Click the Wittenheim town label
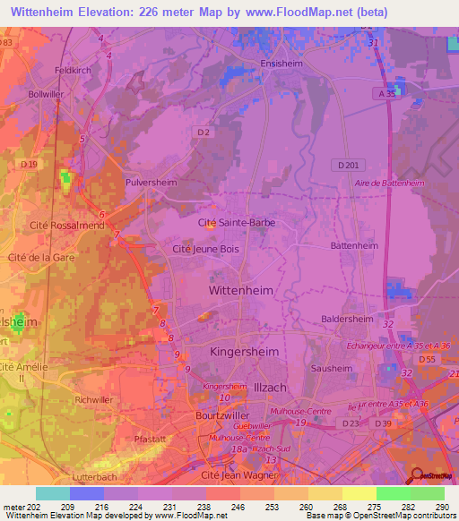(241, 291)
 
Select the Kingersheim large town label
(244, 352)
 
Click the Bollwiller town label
(47, 93)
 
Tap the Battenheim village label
(354, 244)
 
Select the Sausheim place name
(331, 368)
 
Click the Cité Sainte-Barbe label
(237, 222)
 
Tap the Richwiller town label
(94, 399)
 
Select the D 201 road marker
(349, 165)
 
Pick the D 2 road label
(204, 132)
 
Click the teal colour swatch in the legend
(52, 493)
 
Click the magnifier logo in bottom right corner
(415, 475)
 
